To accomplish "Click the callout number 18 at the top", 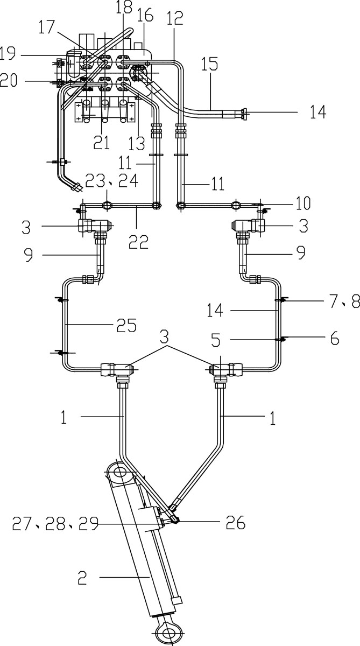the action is [124, 7].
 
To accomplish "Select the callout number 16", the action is [145, 15].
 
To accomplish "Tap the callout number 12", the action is [175, 18].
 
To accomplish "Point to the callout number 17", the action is [47, 27].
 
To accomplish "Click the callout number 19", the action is [8, 53].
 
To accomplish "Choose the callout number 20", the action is [9, 80].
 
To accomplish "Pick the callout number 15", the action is [209, 64].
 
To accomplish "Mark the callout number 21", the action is [102, 142].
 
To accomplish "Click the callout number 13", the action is [137, 143].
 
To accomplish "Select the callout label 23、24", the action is [112, 180].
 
